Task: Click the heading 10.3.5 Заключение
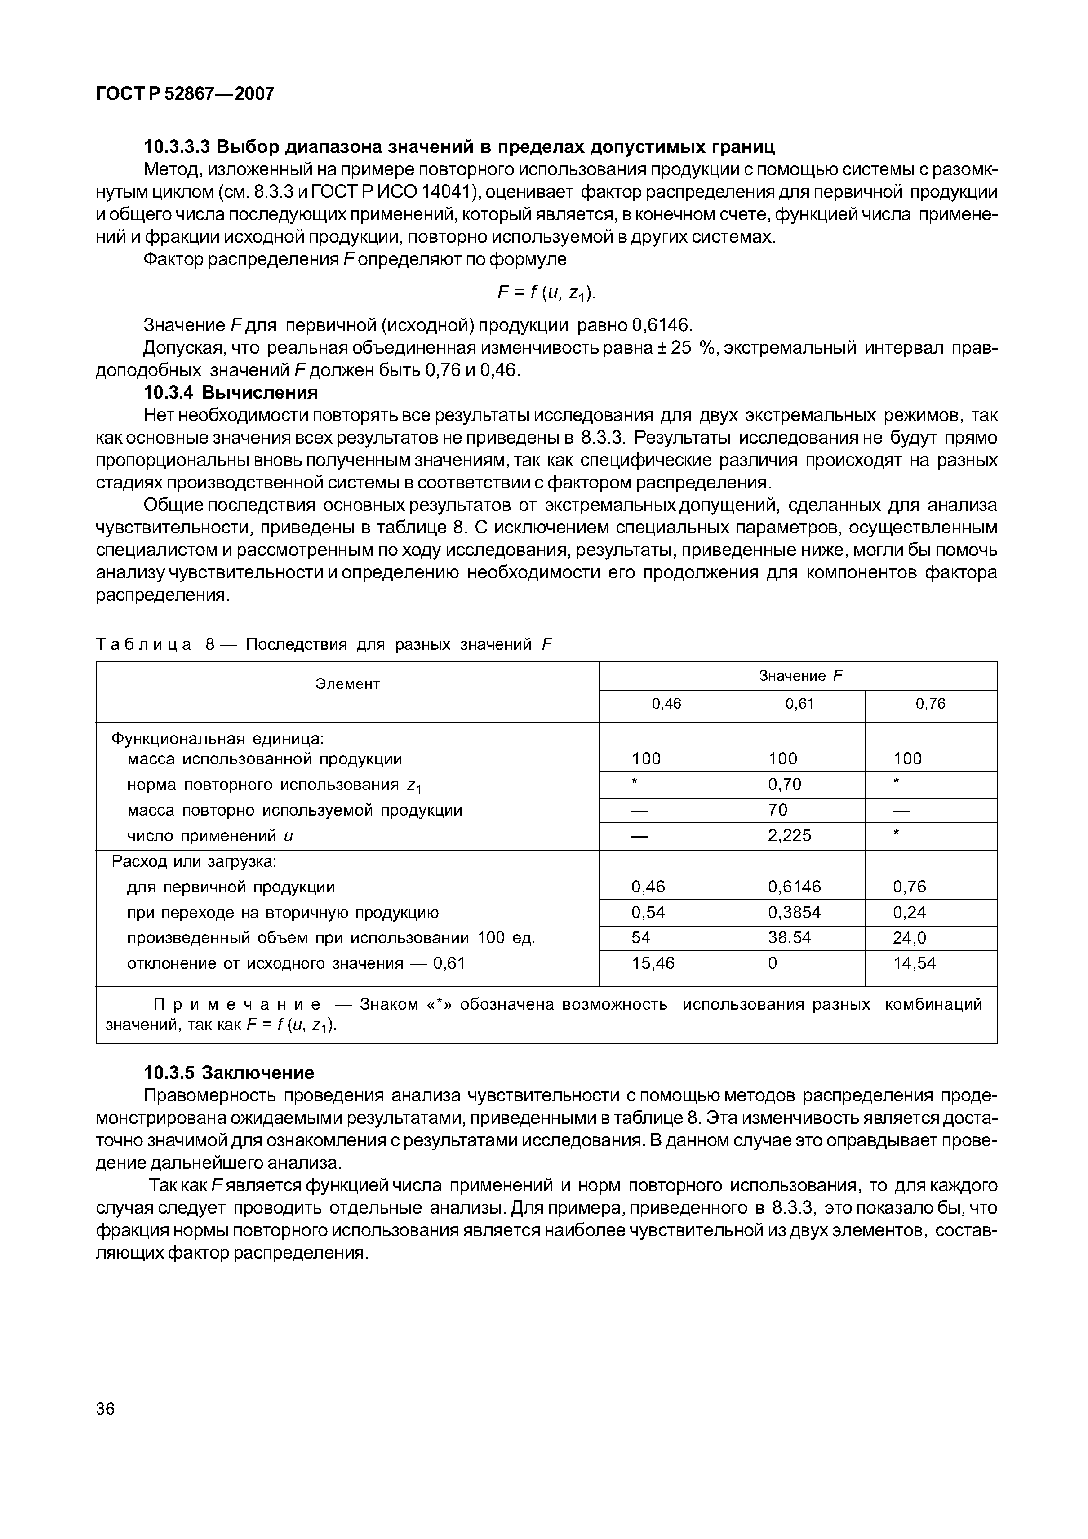[x=229, y=1073]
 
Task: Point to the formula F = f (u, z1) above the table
[x=546, y=293]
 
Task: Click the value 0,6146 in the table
[x=795, y=887]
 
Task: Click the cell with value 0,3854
[x=795, y=912]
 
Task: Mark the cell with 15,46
[x=653, y=963]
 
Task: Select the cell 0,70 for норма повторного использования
[x=785, y=784]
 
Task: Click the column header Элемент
[x=347, y=684]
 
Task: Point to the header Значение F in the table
[x=800, y=676]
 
